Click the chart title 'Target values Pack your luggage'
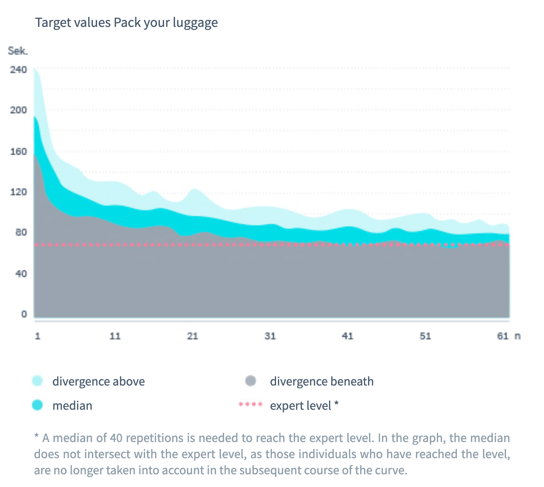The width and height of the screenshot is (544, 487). point(126,23)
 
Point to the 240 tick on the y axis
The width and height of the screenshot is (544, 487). point(19,70)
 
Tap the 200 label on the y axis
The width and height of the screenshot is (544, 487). point(19,110)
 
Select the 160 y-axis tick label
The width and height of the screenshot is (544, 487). point(19,151)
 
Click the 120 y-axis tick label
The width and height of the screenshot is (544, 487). point(19,192)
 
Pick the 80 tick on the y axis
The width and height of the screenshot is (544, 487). point(21,233)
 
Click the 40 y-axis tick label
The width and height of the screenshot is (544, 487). point(21,274)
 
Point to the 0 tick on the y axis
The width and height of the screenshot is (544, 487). point(24,314)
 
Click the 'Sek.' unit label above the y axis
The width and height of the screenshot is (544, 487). point(18,51)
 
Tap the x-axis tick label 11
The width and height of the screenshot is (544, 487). point(115,336)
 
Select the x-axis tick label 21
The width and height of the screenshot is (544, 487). point(193,336)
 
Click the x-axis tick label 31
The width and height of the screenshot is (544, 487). point(270,336)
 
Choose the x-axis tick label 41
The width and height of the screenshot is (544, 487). point(348,336)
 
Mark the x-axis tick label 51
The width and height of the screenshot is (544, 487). point(425,336)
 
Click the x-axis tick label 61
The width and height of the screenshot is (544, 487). point(503,336)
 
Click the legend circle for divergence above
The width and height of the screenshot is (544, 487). point(37,381)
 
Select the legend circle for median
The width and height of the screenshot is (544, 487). point(37,405)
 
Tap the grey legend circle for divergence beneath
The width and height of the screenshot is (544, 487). point(250,381)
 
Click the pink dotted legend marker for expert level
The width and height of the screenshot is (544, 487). point(250,404)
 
